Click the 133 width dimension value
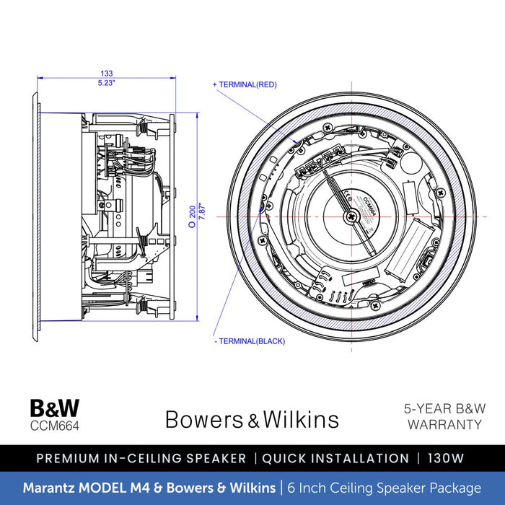[x=106, y=74]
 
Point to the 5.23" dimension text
[x=106, y=82]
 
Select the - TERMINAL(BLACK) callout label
[x=250, y=341]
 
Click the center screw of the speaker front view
[x=351, y=216]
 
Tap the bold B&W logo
[x=55, y=408]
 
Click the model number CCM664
[x=54, y=426]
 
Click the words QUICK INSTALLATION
[x=335, y=458]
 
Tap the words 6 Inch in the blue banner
[x=307, y=488]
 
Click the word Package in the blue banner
[x=454, y=488]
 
